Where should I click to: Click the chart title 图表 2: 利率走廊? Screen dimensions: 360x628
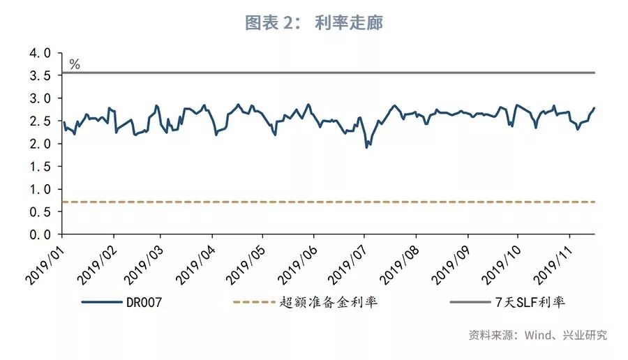click(x=314, y=22)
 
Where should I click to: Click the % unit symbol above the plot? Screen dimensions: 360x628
click(x=75, y=65)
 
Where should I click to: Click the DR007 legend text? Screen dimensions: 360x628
click(x=146, y=303)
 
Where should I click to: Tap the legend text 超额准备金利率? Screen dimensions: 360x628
click(x=329, y=303)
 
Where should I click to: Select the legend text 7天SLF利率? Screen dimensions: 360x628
click(x=534, y=303)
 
